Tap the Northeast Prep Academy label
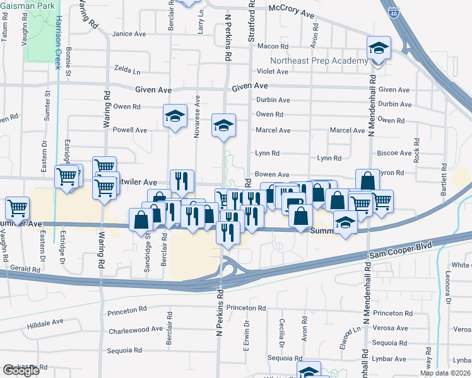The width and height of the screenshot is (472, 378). point(319,60)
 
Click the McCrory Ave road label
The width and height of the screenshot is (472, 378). point(291,13)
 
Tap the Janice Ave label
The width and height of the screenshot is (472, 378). point(129,34)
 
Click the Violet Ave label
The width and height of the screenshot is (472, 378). point(272,71)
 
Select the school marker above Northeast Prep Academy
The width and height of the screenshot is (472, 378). point(379,48)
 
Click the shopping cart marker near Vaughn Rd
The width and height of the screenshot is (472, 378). point(17,207)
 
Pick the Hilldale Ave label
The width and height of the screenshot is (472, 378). point(45,322)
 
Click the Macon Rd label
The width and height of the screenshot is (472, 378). point(273,46)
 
